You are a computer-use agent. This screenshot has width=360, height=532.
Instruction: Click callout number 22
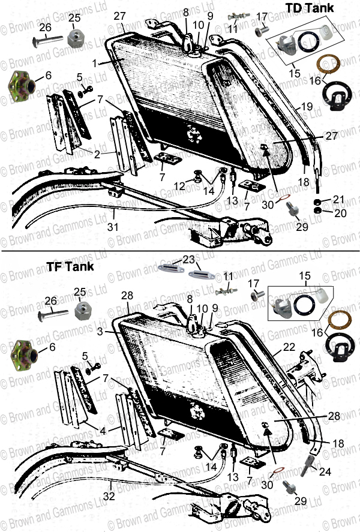click(289, 348)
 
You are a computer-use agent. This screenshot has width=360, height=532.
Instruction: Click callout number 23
click(190, 260)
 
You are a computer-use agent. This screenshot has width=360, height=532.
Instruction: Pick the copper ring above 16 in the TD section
click(329, 63)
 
